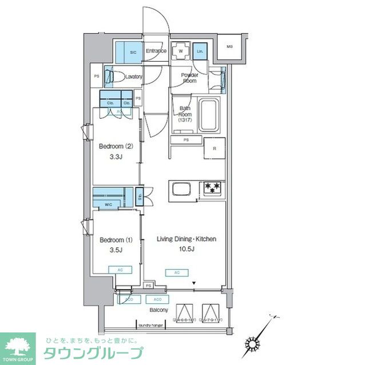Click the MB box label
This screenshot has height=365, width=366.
coord(229,47)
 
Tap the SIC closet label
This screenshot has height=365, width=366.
coord(133,52)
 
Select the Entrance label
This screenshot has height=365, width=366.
coord(156,51)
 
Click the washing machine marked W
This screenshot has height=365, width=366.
coord(181,51)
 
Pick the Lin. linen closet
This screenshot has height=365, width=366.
coord(200,51)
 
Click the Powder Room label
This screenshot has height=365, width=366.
coord(189,78)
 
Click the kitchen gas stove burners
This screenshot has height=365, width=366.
coord(212,187)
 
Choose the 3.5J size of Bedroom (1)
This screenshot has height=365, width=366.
coord(115,250)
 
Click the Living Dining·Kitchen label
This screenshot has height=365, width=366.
coord(186,239)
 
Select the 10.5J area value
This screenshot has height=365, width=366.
coord(186,249)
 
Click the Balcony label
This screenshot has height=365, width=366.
coord(158,310)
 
